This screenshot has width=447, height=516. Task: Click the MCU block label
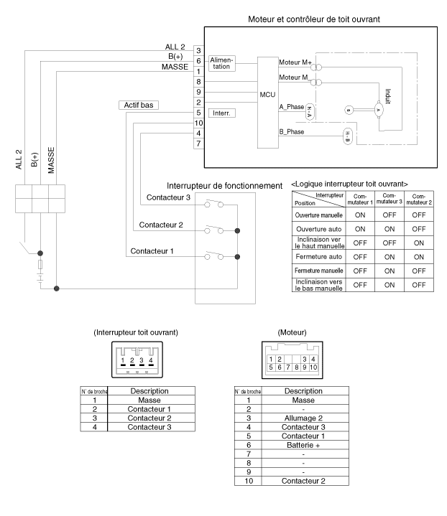coord(267,95)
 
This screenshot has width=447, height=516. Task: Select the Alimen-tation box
coord(222,63)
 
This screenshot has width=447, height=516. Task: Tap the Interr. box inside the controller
coord(222,113)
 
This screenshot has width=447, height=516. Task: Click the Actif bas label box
coord(139,105)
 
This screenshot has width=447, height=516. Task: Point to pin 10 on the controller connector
coord(199,123)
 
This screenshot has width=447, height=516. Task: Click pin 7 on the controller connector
coord(199,144)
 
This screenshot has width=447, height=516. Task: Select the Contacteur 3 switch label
coord(168,197)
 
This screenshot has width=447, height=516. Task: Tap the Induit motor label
coord(388,96)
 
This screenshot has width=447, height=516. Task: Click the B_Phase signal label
coord(292,132)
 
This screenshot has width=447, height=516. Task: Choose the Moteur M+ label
coord(295,62)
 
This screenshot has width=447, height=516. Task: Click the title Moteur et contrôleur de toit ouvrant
coord(314,19)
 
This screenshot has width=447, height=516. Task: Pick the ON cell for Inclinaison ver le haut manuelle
coord(419,243)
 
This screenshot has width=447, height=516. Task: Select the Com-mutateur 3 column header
coord(390,199)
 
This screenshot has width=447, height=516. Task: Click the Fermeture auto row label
coord(319,257)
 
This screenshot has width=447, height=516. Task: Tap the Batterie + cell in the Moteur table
coord(303,445)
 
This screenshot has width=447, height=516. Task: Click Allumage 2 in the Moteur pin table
coord(303,418)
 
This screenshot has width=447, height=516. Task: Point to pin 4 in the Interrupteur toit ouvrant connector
coord(151,360)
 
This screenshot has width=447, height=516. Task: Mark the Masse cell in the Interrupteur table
coord(149,400)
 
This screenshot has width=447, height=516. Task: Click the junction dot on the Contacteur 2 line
coord(237,230)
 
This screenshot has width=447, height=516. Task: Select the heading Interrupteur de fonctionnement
coord(224,186)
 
